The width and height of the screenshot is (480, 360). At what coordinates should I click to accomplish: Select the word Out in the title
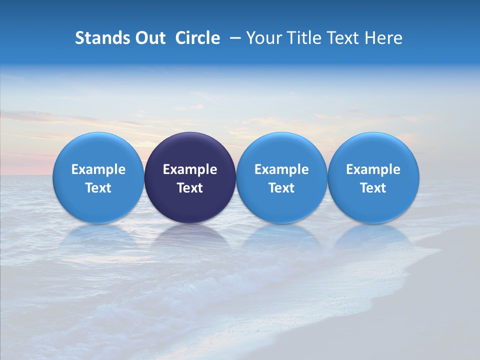pos(149,38)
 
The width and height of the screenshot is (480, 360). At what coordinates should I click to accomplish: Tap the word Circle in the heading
pos(197,38)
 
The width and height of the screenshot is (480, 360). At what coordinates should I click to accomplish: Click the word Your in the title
pos(262,38)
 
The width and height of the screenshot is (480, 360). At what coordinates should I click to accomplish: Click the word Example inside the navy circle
pos(190,169)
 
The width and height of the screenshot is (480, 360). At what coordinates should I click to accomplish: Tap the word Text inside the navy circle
pos(190,188)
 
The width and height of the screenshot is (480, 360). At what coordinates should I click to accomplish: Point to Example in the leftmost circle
pos(98,169)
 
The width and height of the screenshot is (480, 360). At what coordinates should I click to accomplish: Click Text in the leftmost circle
pos(98,188)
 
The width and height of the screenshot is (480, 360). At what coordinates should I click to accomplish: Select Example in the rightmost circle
pos(373,169)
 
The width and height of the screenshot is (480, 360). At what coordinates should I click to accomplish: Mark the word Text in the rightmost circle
pos(373,188)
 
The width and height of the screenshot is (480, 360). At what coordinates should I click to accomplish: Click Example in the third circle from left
pos(281,169)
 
